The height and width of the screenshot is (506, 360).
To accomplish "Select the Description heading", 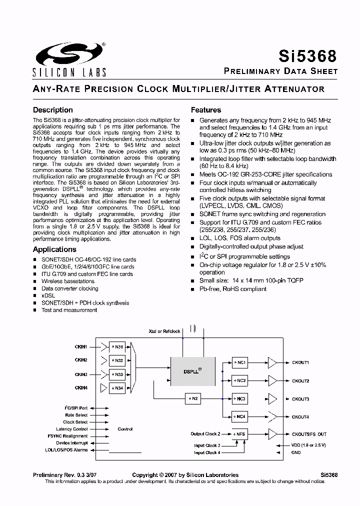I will [x=52, y=110].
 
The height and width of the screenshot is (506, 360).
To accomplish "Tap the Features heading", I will [x=206, y=110].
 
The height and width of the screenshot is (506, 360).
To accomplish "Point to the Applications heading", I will [x=54, y=249].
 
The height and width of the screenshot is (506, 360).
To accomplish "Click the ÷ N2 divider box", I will [x=193, y=398].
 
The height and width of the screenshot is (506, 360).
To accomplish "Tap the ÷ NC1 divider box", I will [x=240, y=362].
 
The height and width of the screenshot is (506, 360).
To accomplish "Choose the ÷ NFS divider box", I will [x=240, y=434].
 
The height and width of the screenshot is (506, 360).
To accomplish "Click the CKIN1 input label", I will [x=81, y=346].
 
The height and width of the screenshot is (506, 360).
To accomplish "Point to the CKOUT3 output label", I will [x=300, y=399].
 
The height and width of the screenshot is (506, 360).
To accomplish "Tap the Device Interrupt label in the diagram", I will [x=71, y=443].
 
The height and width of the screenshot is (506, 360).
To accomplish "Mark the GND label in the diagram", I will [x=296, y=452].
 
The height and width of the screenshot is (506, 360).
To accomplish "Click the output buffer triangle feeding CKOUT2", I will [x=272, y=380].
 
